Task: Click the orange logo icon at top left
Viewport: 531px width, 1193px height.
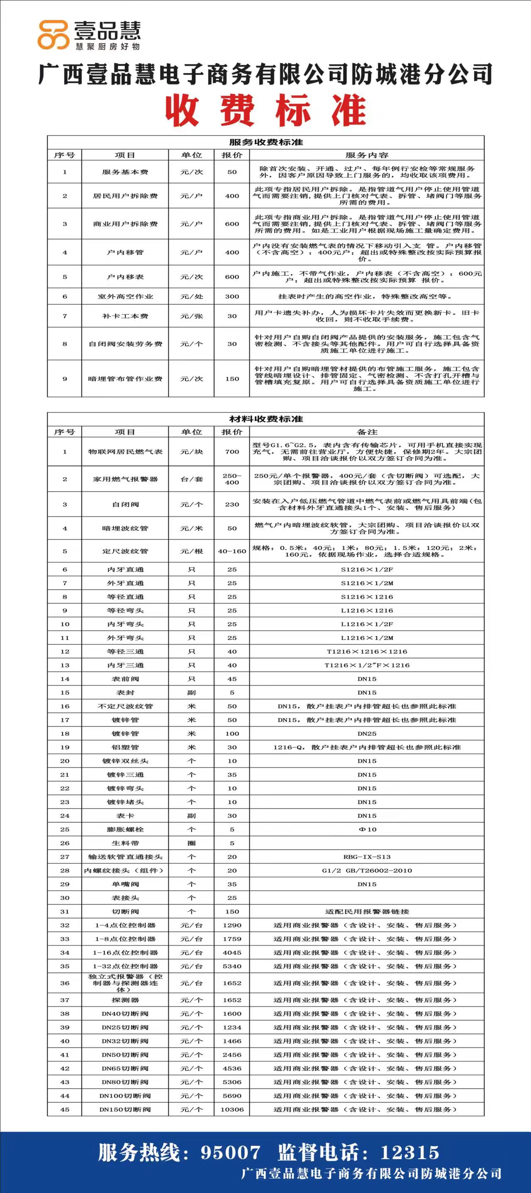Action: (53, 35)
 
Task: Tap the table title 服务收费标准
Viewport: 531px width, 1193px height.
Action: (265, 142)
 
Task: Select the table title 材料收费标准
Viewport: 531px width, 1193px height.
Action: (265, 419)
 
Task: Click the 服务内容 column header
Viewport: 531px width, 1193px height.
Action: (366, 155)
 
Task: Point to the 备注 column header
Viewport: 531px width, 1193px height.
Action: (366, 432)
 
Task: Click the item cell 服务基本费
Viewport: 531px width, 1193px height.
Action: (125, 172)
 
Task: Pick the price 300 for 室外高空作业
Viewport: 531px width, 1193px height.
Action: (231, 296)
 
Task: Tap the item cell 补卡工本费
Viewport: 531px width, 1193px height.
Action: (125, 316)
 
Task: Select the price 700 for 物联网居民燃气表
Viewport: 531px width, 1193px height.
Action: (231, 451)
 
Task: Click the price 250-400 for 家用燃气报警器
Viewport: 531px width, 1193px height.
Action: (231, 479)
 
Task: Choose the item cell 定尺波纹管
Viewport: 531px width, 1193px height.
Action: (125, 551)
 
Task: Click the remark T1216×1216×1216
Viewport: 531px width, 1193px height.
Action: (366, 651)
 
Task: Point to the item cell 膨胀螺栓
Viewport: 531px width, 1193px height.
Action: (125, 829)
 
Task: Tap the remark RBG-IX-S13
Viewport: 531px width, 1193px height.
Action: (366, 857)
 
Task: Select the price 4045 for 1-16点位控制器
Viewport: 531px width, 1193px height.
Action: (231, 953)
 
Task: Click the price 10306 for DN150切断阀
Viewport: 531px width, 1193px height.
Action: (231, 1109)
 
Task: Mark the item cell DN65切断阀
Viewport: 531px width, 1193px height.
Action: (125, 1068)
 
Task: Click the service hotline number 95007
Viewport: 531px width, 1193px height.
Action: (230, 1152)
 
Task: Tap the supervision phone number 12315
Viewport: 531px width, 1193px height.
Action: (409, 1152)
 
